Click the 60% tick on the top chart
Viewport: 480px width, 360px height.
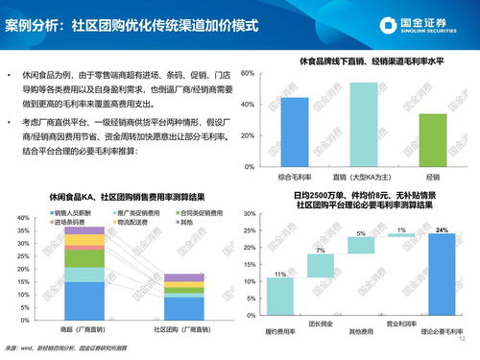[x=249, y=73]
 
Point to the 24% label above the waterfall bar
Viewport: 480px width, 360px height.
[x=443, y=230]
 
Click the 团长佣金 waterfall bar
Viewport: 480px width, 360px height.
[x=321, y=265]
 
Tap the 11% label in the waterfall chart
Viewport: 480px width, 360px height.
[x=281, y=272]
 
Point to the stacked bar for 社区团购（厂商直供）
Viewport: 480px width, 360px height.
[x=183, y=297]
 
